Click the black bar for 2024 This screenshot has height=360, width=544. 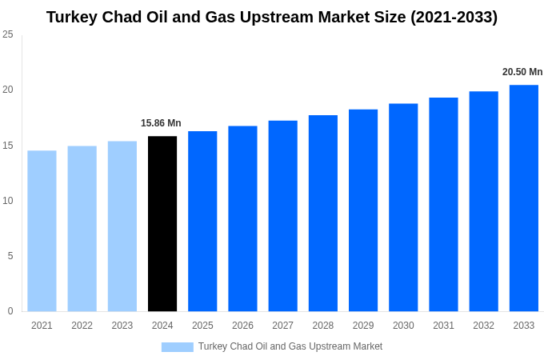(162, 224)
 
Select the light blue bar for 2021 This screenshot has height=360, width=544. (42, 231)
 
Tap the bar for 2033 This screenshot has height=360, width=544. (523, 198)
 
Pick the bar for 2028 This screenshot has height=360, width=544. (322, 214)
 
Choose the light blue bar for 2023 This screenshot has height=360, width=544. (122, 226)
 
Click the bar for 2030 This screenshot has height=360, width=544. (403, 207)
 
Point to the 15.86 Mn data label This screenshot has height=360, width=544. (161, 123)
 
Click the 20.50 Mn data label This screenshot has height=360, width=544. (522, 72)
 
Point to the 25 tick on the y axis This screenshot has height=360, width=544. (8, 34)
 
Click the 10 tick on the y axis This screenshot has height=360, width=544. (8, 201)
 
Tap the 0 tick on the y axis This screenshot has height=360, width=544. (10, 311)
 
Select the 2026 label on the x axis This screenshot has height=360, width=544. (242, 326)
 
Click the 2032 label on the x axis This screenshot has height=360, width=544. (483, 326)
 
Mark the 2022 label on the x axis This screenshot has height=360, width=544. (82, 326)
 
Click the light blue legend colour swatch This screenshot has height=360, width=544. (177, 347)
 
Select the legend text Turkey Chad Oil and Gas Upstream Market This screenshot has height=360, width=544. (290, 347)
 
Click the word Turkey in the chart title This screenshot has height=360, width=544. (74, 17)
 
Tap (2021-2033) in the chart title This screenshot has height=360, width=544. (454, 17)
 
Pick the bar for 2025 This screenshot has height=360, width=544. (202, 222)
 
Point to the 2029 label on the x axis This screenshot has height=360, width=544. (363, 326)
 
